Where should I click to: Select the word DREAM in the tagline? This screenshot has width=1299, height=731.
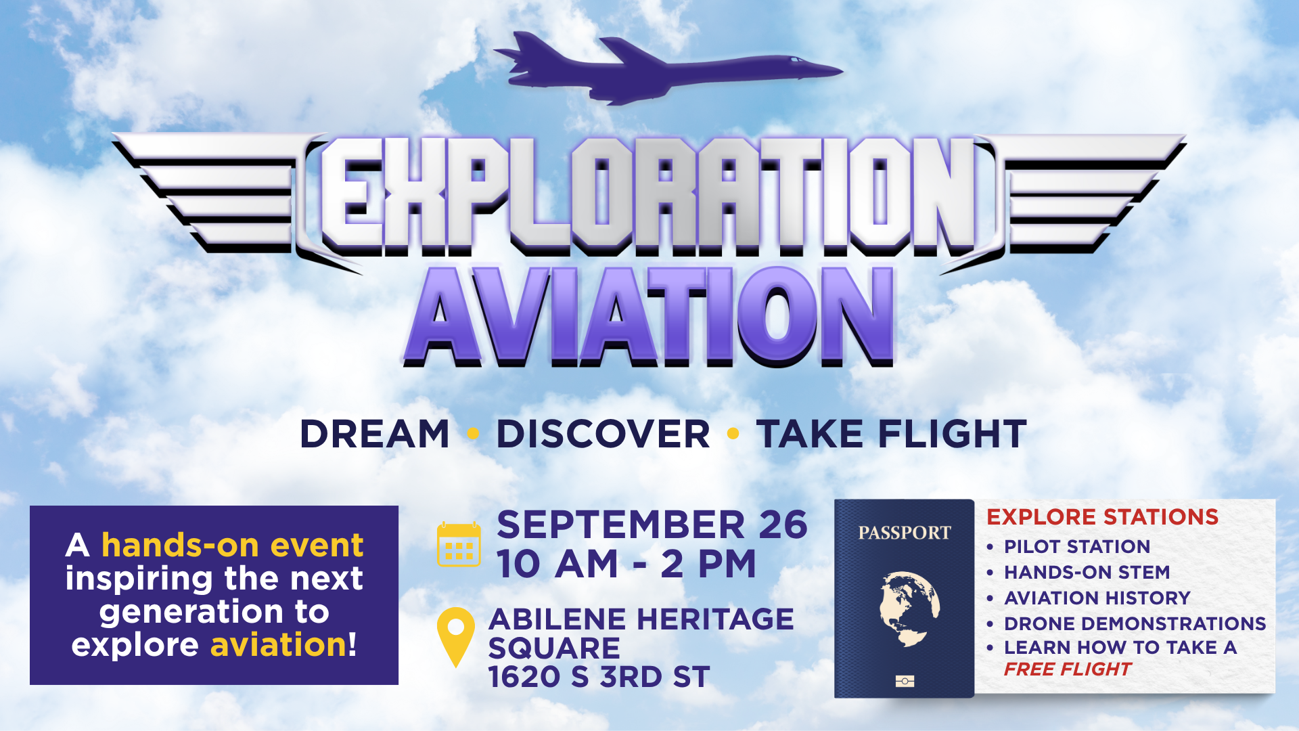[x=375, y=434]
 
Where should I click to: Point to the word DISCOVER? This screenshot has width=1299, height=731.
[x=603, y=434]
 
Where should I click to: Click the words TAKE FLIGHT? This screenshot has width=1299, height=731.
[x=892, y=434]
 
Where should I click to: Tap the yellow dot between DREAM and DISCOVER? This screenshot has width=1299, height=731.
[x=473, y=433]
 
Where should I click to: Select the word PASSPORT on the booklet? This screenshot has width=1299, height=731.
[x=905, y=533]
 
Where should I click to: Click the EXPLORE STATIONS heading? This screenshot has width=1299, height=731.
[x=1102, y=517]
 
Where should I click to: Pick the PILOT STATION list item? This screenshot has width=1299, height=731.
[x=1077, y=546]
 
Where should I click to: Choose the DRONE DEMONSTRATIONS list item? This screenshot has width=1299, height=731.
[x=1135, y=623]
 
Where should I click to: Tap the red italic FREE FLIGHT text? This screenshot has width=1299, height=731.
[x=1067, y=669]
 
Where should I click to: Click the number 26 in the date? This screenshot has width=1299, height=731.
[x=783, y=525]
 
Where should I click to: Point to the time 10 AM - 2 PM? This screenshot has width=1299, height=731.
[x=626, y=564]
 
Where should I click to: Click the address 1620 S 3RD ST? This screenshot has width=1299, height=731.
[x=599, y=677]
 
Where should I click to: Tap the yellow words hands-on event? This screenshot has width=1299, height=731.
[x=232, y=545]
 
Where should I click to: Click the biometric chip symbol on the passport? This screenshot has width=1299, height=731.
[x=905, y=681]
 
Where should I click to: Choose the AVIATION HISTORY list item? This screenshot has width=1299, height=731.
[x=1097, y=598]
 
